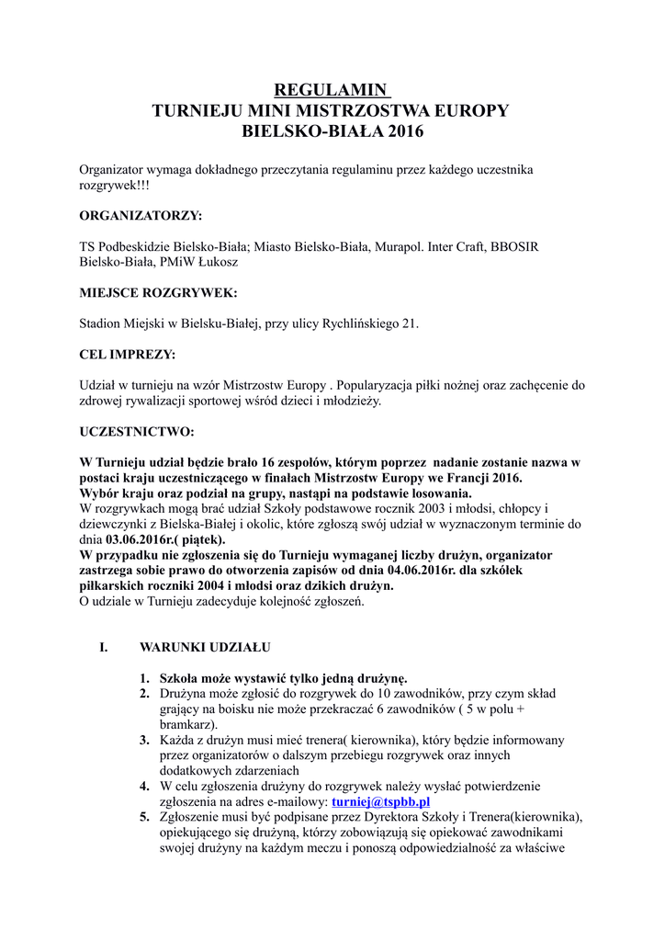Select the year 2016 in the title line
pos(406,131)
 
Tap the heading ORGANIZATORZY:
pos(141,216)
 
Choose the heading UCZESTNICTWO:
pos(137,431)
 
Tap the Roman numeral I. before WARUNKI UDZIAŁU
pos(104,647)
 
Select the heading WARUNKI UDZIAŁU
pos(205,647)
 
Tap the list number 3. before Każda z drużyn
pos(145,740)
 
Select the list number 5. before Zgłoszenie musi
pos(145,817)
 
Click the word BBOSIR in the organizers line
pos(515,247)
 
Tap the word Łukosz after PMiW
pos(215,262)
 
